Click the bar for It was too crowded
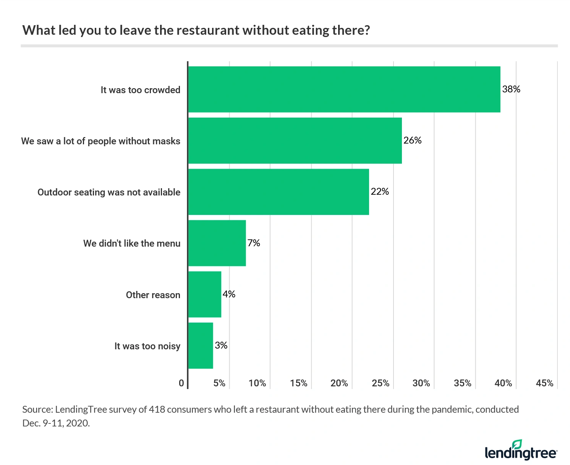344,89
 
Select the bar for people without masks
295,140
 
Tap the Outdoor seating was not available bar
279,192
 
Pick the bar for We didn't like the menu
217,243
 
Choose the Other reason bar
205,294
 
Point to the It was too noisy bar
201,346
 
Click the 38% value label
511,89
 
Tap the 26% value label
412,140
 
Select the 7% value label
254,243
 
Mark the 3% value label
221,346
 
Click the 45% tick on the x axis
544,383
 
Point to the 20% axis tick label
339,383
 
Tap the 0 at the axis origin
181,383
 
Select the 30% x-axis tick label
421,383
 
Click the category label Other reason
153,295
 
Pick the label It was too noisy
147,346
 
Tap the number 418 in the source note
157,410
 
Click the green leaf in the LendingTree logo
517,444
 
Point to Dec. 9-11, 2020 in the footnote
56,423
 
